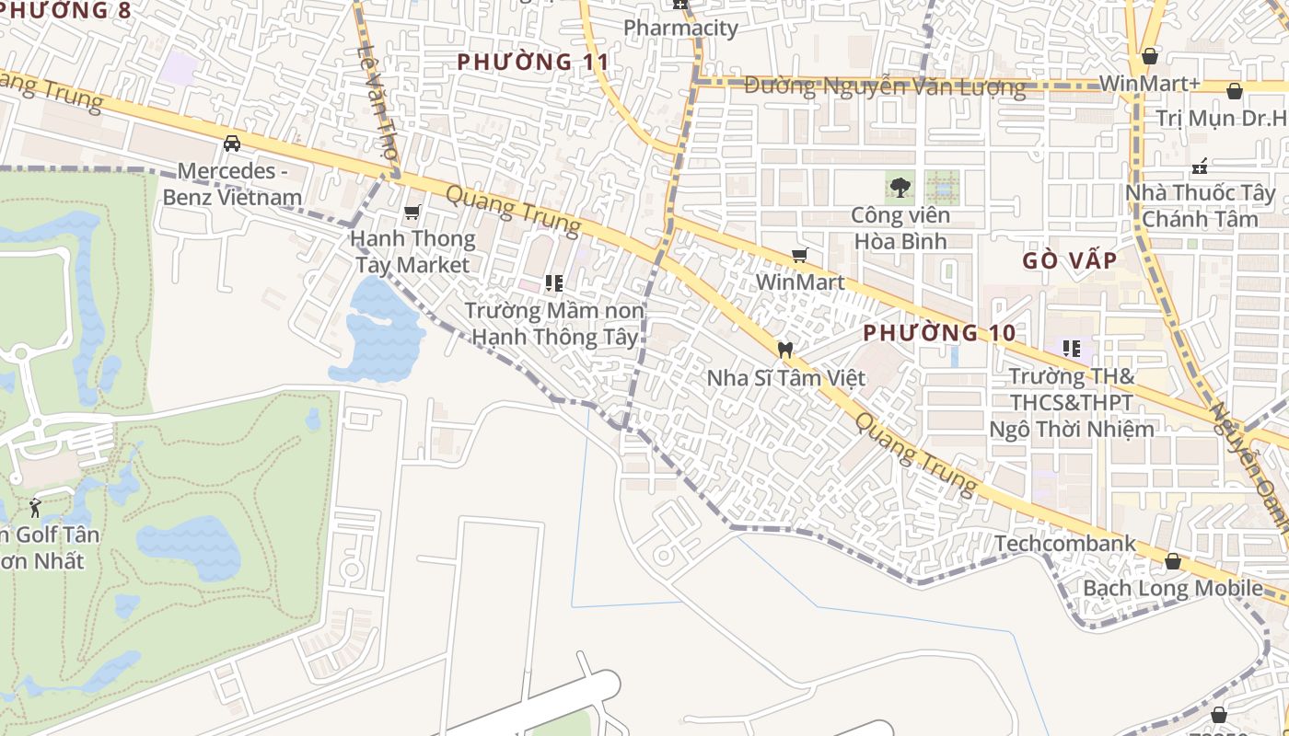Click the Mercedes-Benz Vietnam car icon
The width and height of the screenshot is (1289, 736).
232,144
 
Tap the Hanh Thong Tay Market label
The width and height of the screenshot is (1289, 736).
412,251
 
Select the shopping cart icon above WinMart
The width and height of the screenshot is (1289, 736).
800,255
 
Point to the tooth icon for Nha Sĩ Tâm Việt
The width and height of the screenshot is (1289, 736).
785,350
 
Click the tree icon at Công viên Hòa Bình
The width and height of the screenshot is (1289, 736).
900,188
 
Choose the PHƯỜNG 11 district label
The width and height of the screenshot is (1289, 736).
533,62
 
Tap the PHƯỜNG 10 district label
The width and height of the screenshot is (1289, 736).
939,332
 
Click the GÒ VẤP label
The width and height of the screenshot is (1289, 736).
1069,260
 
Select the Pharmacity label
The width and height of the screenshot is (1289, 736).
680,28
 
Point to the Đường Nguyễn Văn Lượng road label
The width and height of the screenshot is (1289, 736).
884,86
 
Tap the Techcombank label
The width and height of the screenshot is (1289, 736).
1065,544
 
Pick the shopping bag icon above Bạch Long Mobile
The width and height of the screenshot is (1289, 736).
1173,561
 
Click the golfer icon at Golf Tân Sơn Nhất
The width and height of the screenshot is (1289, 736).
35,507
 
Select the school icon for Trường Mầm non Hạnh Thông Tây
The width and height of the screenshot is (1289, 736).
553,282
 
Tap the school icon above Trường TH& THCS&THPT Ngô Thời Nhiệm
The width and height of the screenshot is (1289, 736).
1071,349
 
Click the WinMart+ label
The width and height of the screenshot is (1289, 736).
1150,83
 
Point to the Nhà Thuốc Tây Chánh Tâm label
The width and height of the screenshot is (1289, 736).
1200,206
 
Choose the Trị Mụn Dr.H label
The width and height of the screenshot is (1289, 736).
1220,118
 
